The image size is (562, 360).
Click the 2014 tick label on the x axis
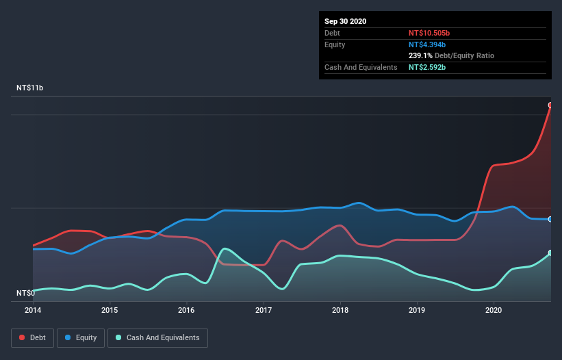[x=33, y=310]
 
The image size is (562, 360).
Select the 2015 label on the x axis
[x=110, y=310]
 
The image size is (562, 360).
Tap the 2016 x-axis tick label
[x=186, y=310]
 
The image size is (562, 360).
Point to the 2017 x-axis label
[x=264, y=310]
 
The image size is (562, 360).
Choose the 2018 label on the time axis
[x=340, y=310]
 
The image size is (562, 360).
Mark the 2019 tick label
[x=417, y=310]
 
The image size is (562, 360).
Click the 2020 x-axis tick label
[x=494, y=310]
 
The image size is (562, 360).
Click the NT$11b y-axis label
[x=31, y=88]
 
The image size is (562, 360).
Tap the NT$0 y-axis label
[x=25, y=293]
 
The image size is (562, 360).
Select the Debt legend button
[x=31, y=337]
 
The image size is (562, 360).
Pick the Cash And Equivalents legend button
[x=157, y=337]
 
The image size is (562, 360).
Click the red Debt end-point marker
[x=550, y=105]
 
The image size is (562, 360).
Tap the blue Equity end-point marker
[x=550, y=219]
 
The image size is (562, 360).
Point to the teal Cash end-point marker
[x=550, y=253]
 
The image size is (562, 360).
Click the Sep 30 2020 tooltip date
[x=346, y=21]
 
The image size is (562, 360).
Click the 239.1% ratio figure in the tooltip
[x=420, y=55]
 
